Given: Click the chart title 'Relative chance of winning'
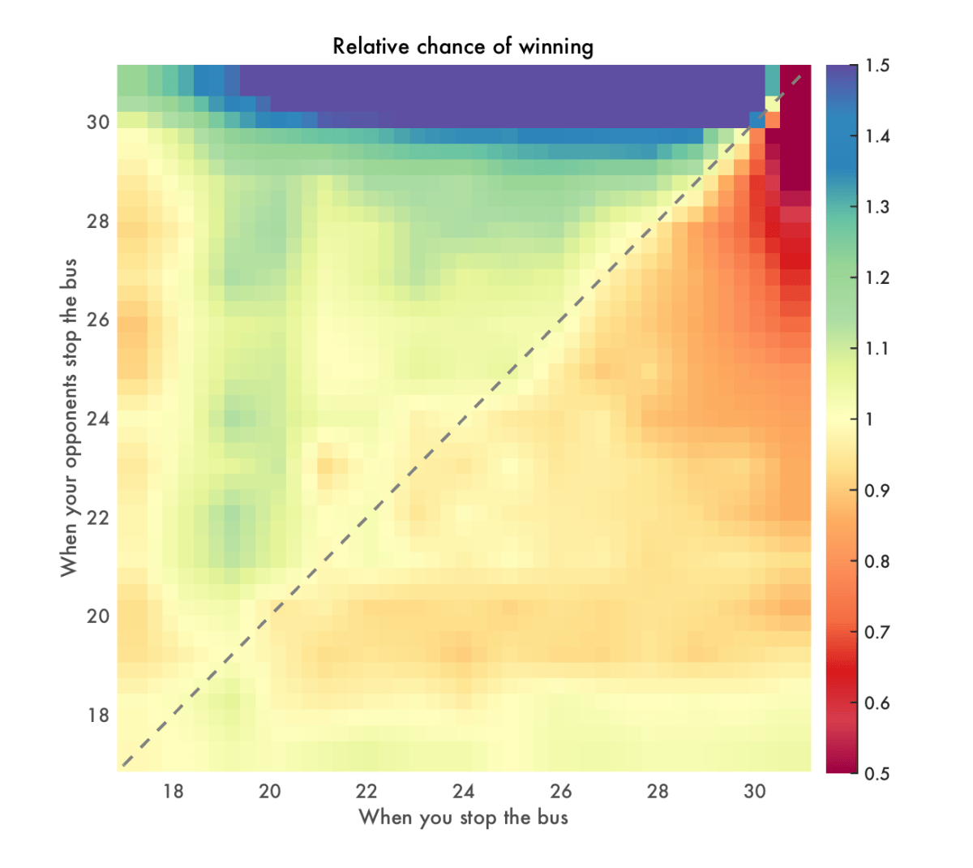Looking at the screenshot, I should click(x=463, y=46).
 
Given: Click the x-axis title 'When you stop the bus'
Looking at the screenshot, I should click(x=463, y=817).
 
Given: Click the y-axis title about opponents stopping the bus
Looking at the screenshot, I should click(x=69, y=418).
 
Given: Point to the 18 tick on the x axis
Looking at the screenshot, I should click(x=173, y=792).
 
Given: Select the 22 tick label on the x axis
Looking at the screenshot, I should click(x=366, y=792).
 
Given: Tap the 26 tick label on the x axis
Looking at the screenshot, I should click(x=560, y=792).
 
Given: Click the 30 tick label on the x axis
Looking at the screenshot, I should click(x=754, y=792).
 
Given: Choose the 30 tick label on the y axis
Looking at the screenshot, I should click(x=98, y=122).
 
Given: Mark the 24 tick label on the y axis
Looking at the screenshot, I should click(x=98, y=419).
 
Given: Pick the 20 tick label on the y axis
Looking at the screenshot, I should click(x=98, y=617).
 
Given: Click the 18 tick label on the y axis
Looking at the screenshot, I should click(x=98, y=715).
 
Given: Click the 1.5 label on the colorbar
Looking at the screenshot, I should click(x=877, y=66).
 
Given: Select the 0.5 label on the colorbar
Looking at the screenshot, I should click(x=877, y=774).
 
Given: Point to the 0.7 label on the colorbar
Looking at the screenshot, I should click(x=877, y=632).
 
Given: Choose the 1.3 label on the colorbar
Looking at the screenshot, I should click(x=877, y=207).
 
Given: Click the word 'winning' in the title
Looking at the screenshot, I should click(x=559, y=47).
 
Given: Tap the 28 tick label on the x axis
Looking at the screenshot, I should click(x=658, y=792).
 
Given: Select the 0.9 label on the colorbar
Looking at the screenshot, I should click(x=877, y=491).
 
